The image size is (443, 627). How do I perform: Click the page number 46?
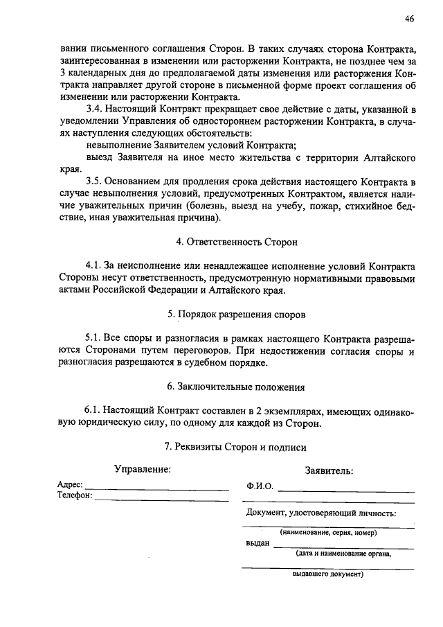[x=410, y=19]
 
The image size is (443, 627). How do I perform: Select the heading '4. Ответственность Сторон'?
[x=236, y=242]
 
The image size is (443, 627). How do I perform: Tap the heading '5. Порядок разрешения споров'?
[x=236, y=314]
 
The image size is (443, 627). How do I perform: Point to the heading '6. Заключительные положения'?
[x=236, y=386]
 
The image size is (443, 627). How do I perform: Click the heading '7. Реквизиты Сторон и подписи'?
[x=236, y=448]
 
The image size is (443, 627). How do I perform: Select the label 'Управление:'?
[x=143, y=470]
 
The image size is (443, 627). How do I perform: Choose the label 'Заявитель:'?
[x=329, y=470]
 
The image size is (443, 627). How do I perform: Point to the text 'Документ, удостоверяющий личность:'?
[x=321, y=513]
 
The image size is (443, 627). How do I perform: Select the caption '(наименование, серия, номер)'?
[x=329, y=533]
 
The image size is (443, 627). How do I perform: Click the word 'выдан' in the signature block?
[x=257, y=544]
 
